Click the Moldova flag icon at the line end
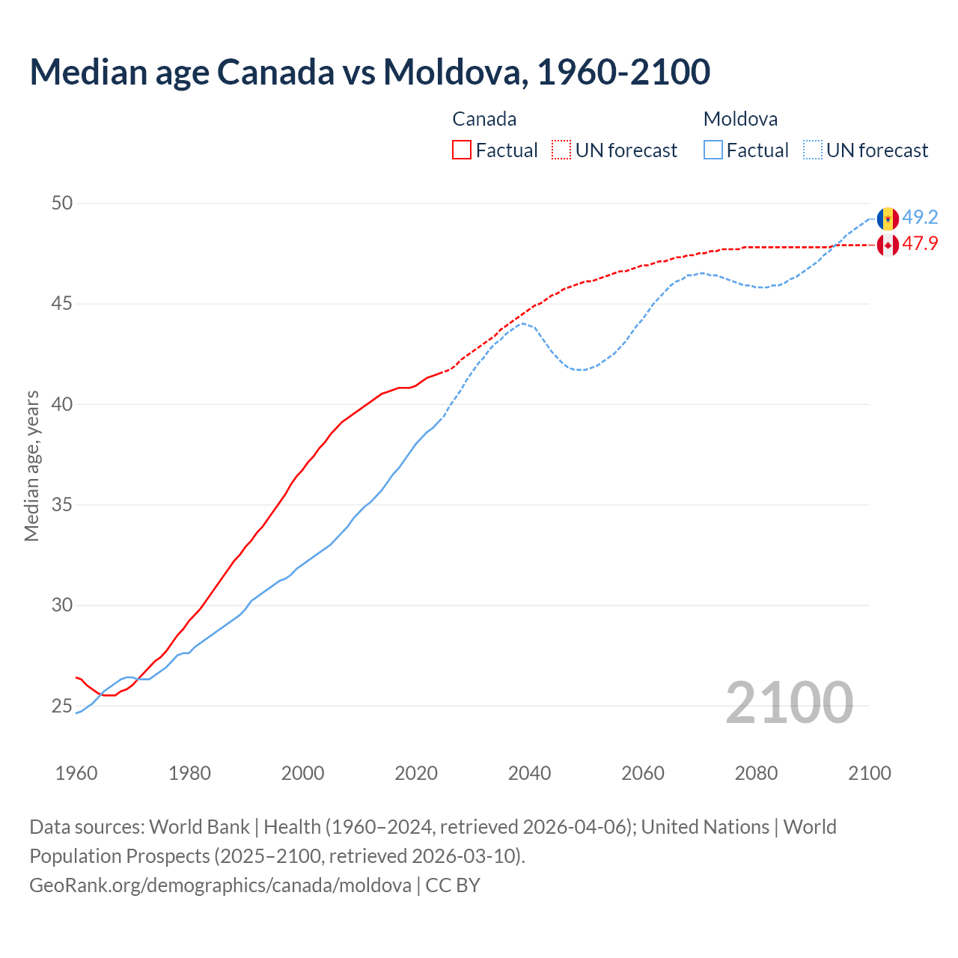[x=888, y=219]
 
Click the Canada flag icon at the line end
[x=888, y=245]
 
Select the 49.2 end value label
[x=920, y=218]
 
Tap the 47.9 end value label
[x=920, y=244]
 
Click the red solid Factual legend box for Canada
[x=462, y=150]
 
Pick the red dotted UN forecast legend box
[x=561, y=150]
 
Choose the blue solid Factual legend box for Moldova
[x=713, y=150]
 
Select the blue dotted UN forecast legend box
[x=812, y=150]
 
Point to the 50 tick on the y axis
[x=62, y=204]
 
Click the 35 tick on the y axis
[x=62, y=505]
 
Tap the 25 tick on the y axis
[x=62, y=706]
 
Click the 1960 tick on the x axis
[x=76, y=773]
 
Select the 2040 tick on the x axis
[x=529, y=773]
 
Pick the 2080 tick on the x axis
[x=756, y=773]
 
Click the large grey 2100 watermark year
[x=789, y=703]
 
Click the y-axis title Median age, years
[x=31, y=466]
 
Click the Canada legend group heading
[x=484, y=119]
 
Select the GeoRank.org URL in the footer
[x=220, y=885]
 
